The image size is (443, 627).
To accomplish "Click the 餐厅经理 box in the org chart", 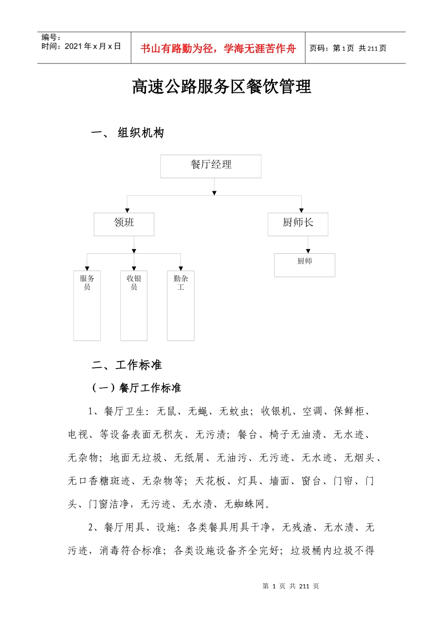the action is tap(211, 166).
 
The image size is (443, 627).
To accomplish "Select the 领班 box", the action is tap(124, 224).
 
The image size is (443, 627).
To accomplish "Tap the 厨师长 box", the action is tap(298, 224).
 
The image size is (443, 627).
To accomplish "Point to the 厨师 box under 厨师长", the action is tap(305, 265).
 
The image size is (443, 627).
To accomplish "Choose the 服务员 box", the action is tap(87, 305).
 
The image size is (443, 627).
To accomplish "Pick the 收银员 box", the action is tap(134, 305).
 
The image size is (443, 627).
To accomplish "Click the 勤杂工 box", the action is tap(181, 305).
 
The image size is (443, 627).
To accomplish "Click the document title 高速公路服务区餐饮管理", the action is tap(221, 87).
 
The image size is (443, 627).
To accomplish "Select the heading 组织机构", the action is tap(141, 133).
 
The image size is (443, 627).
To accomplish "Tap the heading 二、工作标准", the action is tap(127, 365).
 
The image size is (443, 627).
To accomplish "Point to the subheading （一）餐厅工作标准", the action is tap(136, 388).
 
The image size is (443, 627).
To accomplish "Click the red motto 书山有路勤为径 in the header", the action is tap(218, 49).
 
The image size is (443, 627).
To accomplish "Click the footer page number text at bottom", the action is tap(291, 586).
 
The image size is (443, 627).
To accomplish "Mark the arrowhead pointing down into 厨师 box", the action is tap(308, 251).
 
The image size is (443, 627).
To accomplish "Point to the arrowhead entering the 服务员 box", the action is tap(87, 268).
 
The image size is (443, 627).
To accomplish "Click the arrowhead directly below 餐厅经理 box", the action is tap(214, 193).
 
